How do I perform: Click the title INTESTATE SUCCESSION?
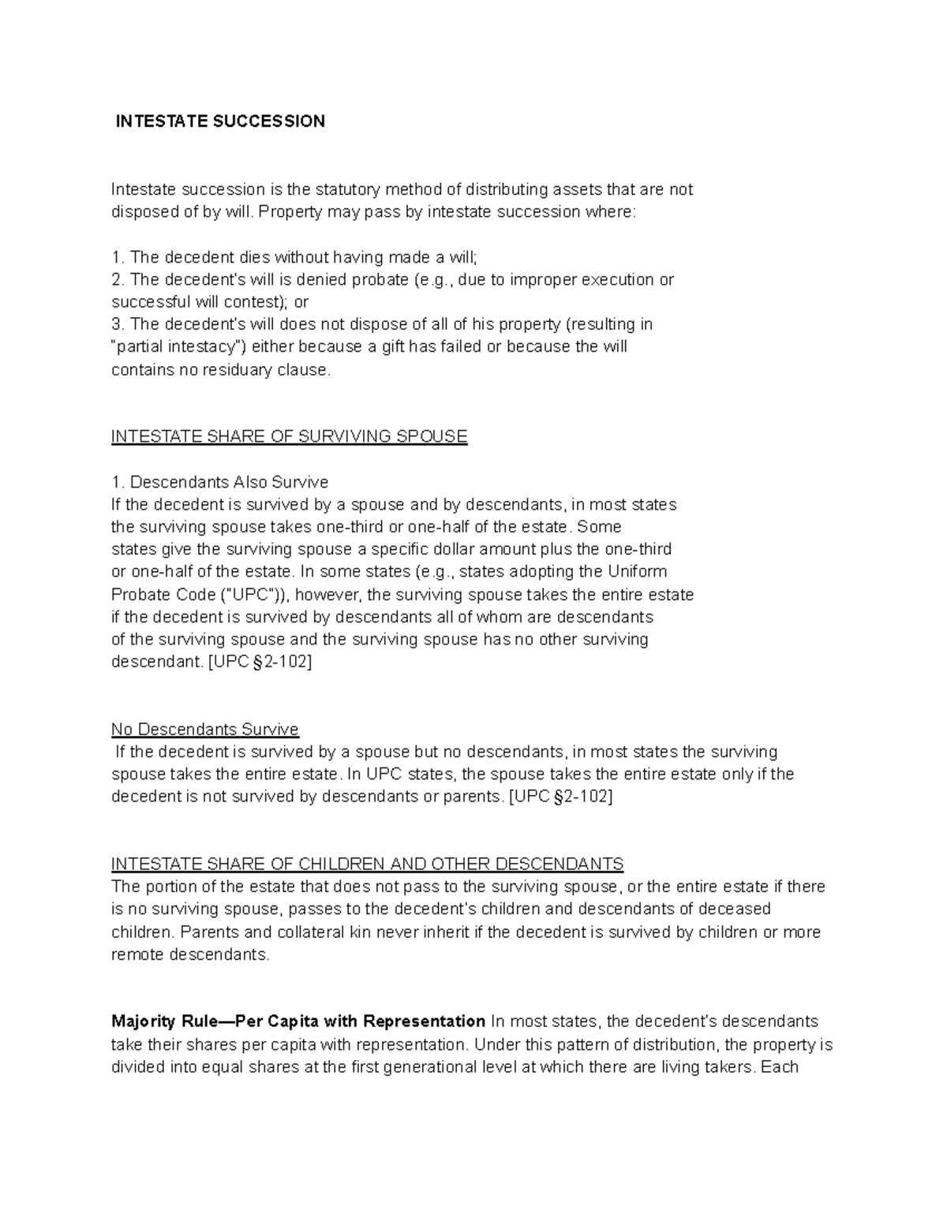220,121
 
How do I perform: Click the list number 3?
118,324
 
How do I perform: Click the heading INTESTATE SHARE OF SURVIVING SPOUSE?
290,437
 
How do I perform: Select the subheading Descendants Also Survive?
229,482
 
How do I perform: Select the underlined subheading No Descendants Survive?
205,729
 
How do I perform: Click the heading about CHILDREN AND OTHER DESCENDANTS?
368,864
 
